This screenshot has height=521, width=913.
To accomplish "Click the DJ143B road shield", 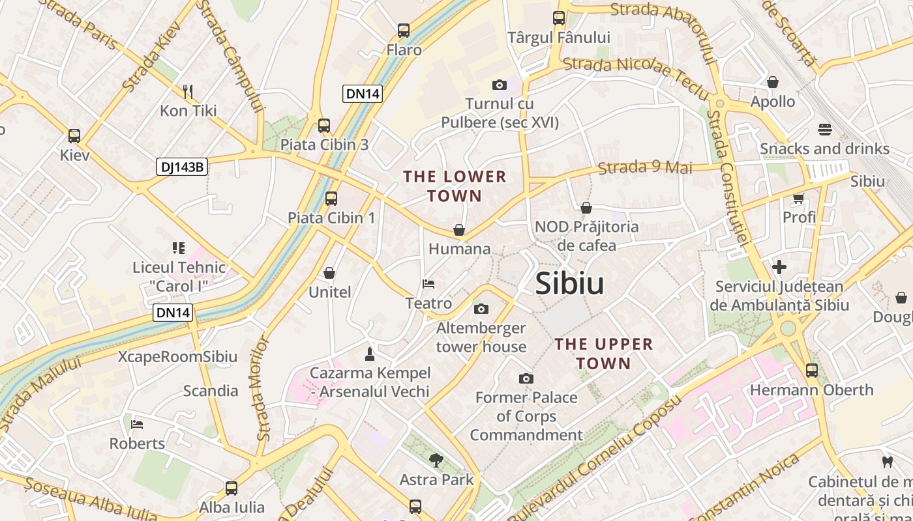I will [x=182, y=167].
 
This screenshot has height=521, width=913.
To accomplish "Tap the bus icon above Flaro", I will [x=404, y=31].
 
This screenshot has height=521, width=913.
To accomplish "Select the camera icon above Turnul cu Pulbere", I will [x=500, y=85].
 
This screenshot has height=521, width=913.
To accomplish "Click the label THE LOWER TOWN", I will [x=455, y=186].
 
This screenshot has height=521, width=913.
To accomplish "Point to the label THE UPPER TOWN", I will [x=603, y=354].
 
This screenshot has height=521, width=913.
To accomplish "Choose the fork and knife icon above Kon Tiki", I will [x=188, y=91].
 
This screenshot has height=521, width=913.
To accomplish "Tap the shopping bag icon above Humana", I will [x=459, y=230].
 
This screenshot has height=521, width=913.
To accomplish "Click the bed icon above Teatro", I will [x=428, y=284].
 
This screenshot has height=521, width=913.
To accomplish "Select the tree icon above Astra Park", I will [x=436, y=460].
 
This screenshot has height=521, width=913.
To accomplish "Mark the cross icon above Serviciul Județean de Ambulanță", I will [x=779, y=267].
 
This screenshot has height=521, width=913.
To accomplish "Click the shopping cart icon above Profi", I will [x=799, y=197].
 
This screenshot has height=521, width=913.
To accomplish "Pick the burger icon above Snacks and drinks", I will [x=824, y=129].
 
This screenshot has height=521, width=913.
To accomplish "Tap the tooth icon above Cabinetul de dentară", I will [x=887, y=462].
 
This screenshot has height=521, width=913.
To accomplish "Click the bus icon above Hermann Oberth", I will [x=812, y=371].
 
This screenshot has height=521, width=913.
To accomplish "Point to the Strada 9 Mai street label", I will [x=645, y=167].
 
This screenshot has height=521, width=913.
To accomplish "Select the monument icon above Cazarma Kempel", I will [x=370, y=354].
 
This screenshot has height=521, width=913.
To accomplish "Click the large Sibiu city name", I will [x=569, y=284].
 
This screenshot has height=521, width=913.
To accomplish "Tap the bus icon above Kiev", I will [x=74, y=136].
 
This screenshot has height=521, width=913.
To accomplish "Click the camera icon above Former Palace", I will [x=526, y=378].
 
